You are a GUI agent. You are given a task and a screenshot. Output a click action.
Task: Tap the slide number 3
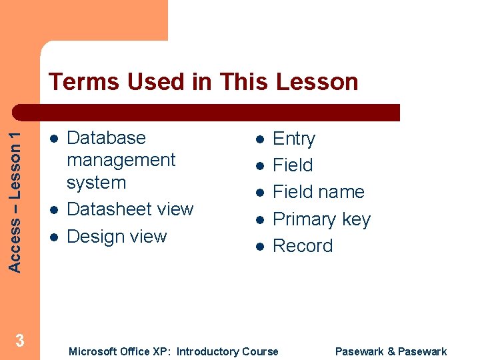[x=20, y=341]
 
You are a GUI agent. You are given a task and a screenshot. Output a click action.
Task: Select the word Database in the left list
[x=107, y=138]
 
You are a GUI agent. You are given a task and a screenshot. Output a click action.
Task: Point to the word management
[x=121, y=160]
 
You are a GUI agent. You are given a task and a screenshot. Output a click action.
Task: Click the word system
[x=97, y=183]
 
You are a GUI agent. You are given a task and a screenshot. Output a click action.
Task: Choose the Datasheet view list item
[x=130, y=209]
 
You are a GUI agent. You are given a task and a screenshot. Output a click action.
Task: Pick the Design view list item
[x=117, y=237]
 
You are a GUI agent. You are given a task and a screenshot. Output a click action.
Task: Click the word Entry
[x=294, y=139]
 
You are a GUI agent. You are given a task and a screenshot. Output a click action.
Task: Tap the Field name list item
[x=319, y=192]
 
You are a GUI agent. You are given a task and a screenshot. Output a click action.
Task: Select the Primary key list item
[x=321, y=219]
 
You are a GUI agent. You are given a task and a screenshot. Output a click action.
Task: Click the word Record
[x=303, y=246]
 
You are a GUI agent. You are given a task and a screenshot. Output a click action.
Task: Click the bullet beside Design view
[x=53, y=237]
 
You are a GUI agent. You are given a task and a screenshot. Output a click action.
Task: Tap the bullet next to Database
[x=53, y=138]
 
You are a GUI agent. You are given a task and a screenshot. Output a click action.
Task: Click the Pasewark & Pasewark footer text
[x=391, y=351]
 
